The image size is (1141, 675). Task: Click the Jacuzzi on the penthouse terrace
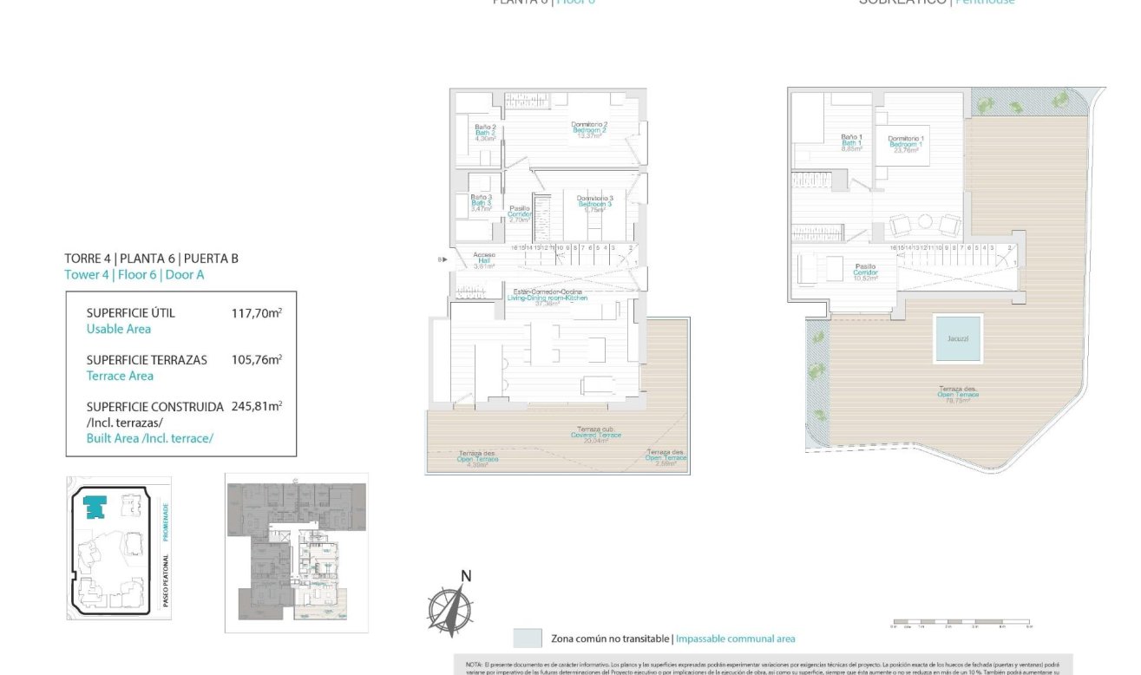pyautogui.click(x=958, y=339)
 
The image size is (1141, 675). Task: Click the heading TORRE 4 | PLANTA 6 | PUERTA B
pyautogui.click(x=151, y=259)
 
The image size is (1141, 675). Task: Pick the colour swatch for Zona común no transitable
pyautogui.click(x=528, y=639)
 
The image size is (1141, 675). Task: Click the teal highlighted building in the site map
pyautogui.click(x=95, y=507)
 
